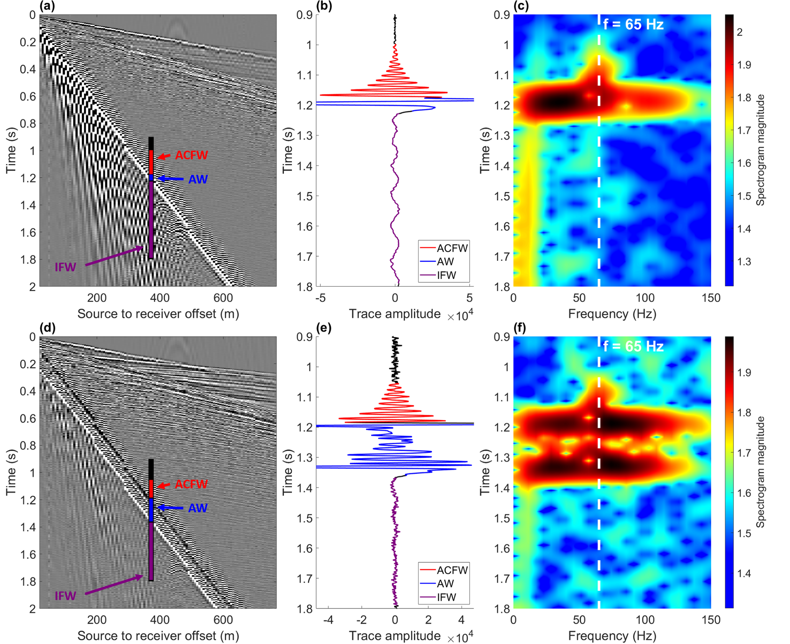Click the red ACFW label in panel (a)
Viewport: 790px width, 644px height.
pyautogui.click(x=191, y=155)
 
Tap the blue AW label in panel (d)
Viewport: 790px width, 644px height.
pyautogui.click(x=198, y=508)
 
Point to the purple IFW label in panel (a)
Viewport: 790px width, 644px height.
pyautogui.click(x=65, y=267)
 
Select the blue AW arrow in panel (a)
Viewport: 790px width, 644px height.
pyautogui.click(x=170, y=178)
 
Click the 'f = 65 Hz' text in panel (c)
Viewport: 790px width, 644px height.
pyautogui.click(x=633, y=24)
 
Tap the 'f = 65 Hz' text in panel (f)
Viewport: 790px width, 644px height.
pyautogui.click(x=633, y=346)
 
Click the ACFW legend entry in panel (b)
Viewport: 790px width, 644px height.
pyautogui.click(x=452, y=248)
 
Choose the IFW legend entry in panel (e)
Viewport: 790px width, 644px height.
pyautogui.click(x=446, y=597)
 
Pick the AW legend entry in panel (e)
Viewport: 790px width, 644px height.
pyautogui.click(x=445, y=583)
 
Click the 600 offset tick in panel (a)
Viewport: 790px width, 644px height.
pyautogui.click(x=223, y=298)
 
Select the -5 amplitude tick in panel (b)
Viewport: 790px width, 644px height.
pyautogui.click(x=321, y=298)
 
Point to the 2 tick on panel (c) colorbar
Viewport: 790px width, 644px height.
pyautogui.click(x=740, y=32)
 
